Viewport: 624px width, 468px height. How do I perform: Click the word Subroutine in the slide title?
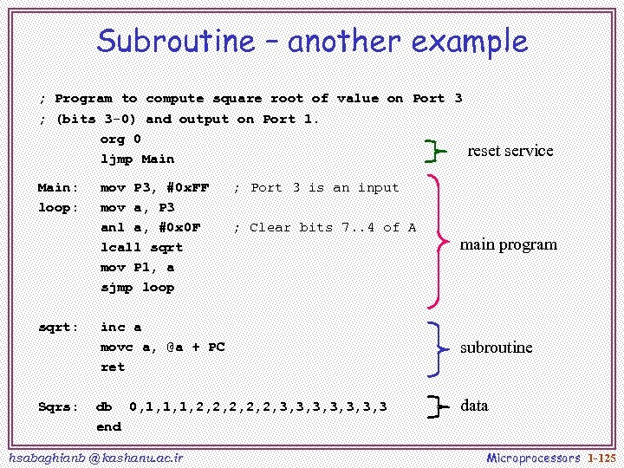click(x=176, y=41)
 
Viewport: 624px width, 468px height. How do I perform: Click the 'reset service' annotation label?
click(x=510, y=151)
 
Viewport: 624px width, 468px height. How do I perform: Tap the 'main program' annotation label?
click(x=508, y=244)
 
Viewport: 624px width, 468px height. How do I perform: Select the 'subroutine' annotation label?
click(x=496, y=348)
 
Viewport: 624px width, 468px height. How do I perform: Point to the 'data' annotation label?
click(x=474, y=406)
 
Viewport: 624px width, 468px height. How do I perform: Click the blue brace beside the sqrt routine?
click(x=439, y=348)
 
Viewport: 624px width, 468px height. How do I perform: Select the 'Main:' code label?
click(x=58, y=188)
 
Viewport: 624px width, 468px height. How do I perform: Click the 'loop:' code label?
click(x=58, y=208)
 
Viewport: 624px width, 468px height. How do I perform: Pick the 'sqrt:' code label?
click(x=58, y=328)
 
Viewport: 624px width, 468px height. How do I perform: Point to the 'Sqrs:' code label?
click(x=58, y=407)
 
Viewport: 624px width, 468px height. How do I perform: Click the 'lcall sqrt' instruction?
click(x=141, y=248)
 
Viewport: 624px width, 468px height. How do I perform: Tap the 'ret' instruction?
click(x=113, y=367)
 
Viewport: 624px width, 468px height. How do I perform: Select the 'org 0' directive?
click(x=120, y=140)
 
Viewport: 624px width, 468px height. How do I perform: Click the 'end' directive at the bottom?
click(x=108, y=427)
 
